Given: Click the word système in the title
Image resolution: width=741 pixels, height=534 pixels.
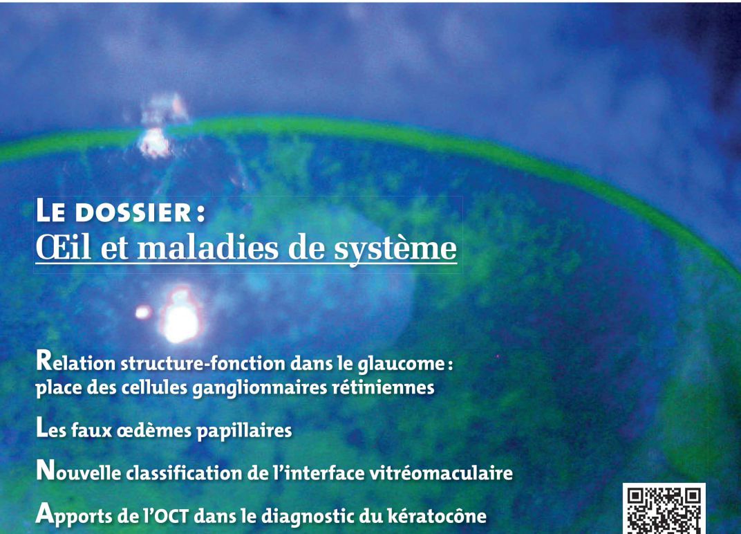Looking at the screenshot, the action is pyautogui.click(x=395, y=249).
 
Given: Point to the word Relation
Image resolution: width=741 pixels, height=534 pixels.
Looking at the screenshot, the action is pyautogui.click(x=75, y=362).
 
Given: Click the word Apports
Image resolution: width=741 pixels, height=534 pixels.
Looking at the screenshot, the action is pyautogui.click(x=75, y=515).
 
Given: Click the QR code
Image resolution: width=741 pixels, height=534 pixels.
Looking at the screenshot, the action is pyautogui.click(x=664, y=509).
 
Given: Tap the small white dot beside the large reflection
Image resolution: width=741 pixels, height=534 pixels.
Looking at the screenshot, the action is pyautogui.click(x=142, y=312).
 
